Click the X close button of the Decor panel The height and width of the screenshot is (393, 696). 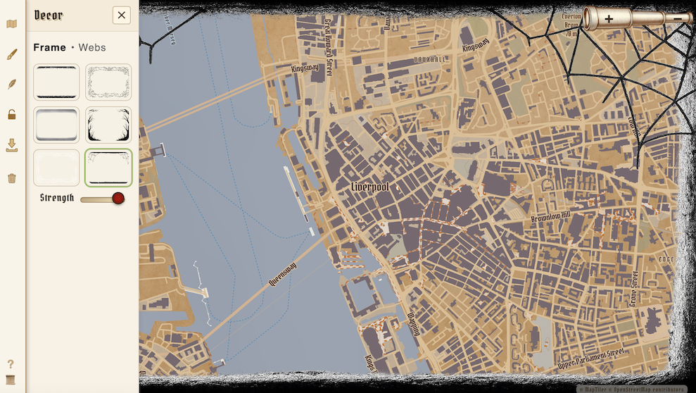pos(122,15)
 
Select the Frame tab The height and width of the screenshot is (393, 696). pos(49,48)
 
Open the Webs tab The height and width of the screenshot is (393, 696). pos(92,48)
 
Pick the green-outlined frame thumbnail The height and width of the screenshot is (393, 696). pos(108,168)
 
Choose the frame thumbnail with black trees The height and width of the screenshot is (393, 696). pos(108,125)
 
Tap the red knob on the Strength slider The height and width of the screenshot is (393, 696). pos(118,199)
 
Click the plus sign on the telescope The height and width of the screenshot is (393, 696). pos(609,19)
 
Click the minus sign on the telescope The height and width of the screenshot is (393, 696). pos(677,19)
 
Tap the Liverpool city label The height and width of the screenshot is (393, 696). pos(370,187)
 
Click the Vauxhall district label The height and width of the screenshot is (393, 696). pos(431,60)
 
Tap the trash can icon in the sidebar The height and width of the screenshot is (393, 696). pos(12,178)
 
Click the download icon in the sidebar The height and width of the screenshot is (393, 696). pos(12,146)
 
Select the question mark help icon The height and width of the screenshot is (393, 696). pos(11,364)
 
